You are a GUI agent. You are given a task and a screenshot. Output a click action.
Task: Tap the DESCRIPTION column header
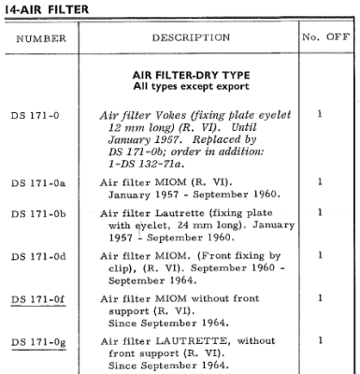point(191,38)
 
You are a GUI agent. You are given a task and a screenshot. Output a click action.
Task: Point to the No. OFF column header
point(324,38)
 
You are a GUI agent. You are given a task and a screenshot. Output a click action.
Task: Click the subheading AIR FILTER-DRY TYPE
point(191,75)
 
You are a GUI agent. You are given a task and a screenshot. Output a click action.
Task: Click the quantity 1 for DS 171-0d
point(320,254)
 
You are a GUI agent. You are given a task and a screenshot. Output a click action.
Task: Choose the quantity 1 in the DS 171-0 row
point(320,114)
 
